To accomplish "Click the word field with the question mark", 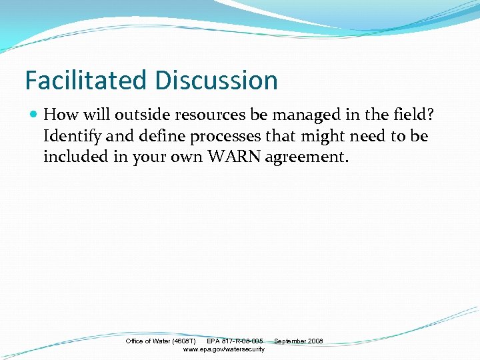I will [415, 115].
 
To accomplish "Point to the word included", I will [73, 157].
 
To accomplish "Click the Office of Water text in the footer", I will [148, 341].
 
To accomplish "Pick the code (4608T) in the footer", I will [183, 341].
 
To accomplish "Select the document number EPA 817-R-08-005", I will [235, 341].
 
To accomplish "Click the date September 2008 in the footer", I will [298, 341].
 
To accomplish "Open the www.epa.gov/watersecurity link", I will [223, 349].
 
